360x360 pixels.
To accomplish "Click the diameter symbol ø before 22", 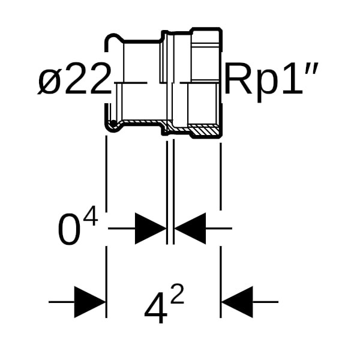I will click(49, 80).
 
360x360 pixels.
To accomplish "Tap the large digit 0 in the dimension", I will click(70, 230).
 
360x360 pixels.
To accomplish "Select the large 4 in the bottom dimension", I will click(155, 309).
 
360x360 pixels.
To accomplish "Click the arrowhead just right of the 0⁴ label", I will click(151, 228).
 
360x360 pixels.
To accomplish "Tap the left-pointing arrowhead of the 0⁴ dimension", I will click(190, 228).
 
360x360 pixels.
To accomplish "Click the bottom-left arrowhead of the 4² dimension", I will click(90, 302).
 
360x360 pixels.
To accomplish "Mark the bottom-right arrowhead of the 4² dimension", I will click(236, 302).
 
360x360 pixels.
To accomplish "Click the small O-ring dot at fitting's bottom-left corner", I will click(112, 125).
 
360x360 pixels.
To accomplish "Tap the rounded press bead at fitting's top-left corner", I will click(110, 41).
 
